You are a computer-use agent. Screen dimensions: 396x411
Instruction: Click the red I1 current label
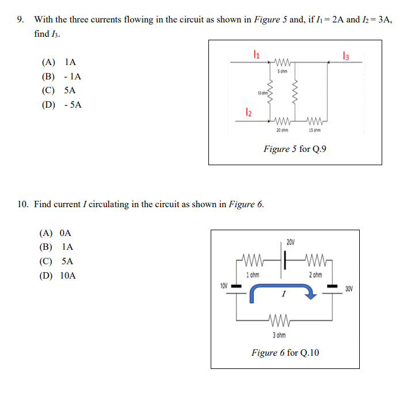coord(257,55)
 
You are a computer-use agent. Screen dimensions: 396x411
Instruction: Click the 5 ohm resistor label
coord(282,71)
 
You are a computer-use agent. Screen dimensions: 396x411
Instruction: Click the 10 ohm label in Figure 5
coord(262,93)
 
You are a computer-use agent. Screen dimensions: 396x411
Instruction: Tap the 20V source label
coord(291,242)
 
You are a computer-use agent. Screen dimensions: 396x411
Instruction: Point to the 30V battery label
coord(349,287)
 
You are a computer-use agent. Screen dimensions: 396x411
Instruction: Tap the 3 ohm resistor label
coord(279,335)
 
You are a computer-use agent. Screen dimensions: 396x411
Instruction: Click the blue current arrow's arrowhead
coord(311,295)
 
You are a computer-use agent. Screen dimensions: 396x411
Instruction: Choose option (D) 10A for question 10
coord(57,275)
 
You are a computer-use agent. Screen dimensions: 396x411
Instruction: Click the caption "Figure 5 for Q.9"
coord(295,149)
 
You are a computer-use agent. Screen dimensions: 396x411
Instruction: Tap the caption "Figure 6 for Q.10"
coord(285,352)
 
